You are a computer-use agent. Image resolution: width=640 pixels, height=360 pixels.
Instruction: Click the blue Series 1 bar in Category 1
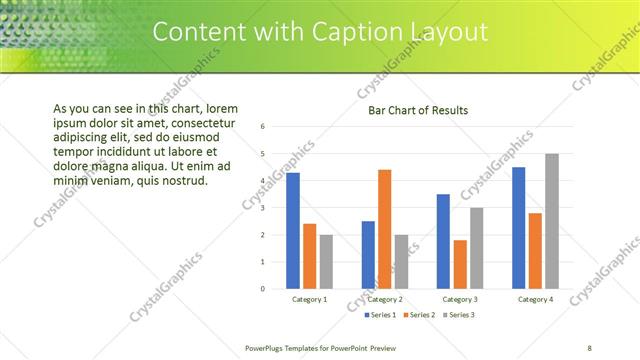click(293, 231)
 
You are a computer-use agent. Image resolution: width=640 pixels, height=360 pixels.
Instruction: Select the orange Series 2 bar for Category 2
click(384, 229)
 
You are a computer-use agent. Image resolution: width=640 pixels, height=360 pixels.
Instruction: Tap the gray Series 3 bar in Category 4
click(551, 221)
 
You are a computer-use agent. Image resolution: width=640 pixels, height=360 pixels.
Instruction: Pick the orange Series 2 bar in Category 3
click(460, 264)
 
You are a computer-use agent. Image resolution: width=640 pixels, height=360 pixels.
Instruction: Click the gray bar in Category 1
click(326, 262)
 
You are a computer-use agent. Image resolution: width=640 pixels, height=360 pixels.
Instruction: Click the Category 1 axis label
click(309, 299)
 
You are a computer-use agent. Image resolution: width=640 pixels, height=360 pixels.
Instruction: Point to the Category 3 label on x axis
click(460, 299)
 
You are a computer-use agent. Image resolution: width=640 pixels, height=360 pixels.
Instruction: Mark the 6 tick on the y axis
click(262, 127)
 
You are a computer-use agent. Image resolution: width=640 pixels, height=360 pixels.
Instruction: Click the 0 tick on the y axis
click(262, 289)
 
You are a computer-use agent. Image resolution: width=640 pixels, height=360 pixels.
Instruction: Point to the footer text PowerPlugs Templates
click(290, 347)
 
